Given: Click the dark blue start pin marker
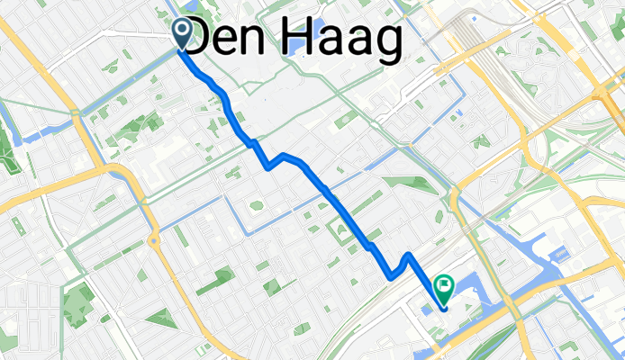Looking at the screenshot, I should [x=182, y=34].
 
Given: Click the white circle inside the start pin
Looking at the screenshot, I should [x=182, y=31].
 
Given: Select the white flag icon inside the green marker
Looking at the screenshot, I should [x=444, y=284].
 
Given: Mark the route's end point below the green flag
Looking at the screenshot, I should [x=445, y=308].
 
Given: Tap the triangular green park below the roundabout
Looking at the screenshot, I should [x=160, y=318].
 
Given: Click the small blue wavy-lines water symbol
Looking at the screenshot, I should [x=560, y=256].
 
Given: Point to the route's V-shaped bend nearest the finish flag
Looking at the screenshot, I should [x=393, y=273].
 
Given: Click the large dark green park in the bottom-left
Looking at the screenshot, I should [x=79, y=301].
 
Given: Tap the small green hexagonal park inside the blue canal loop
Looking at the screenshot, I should [x=257, y=206].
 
